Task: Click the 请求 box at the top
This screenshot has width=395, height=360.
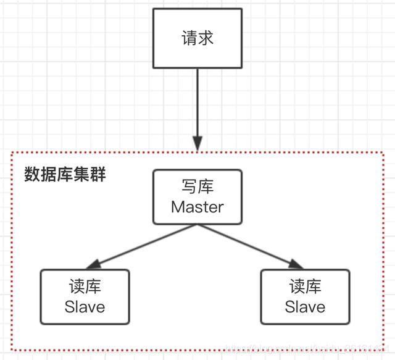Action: click(197, 39)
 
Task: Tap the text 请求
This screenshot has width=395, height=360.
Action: click(197, 38)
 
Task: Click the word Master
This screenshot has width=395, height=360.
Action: click(197, 207)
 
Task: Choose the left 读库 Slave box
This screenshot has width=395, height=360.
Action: click(85, 296)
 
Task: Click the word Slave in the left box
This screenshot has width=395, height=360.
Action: click(85, 306)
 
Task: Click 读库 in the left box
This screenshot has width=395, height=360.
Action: click(85, 287)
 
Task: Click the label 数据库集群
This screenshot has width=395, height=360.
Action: click(65, 175)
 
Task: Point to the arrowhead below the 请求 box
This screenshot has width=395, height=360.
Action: click(197, 144)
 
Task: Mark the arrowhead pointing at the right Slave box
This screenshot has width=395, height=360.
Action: click(297, 264)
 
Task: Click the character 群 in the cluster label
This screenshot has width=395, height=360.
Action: click(98, 175)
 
